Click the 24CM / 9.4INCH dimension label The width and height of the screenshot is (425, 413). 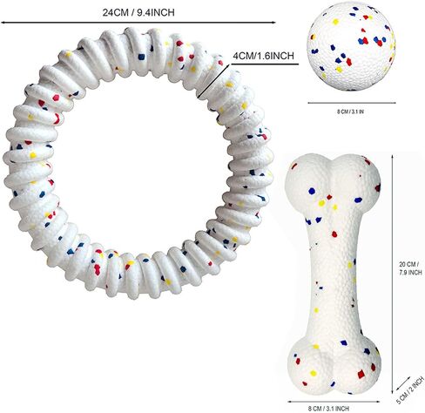click(138, 12)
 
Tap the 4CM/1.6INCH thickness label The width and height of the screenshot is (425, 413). click(264, 56)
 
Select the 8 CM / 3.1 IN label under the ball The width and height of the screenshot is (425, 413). click(350, 112)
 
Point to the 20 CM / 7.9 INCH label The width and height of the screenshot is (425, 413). click(410, 268)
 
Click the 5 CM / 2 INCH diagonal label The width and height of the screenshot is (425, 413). click(410, 389)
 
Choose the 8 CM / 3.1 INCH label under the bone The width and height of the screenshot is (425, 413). click(329, 409)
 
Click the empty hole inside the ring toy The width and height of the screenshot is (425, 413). click(139, 163)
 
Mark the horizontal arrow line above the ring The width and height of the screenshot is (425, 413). click(138, 22)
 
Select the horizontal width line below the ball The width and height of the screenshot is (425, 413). click(352, 103)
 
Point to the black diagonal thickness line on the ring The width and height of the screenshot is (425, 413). click(214, 80)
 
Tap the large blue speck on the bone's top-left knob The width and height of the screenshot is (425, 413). click(312, 191)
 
